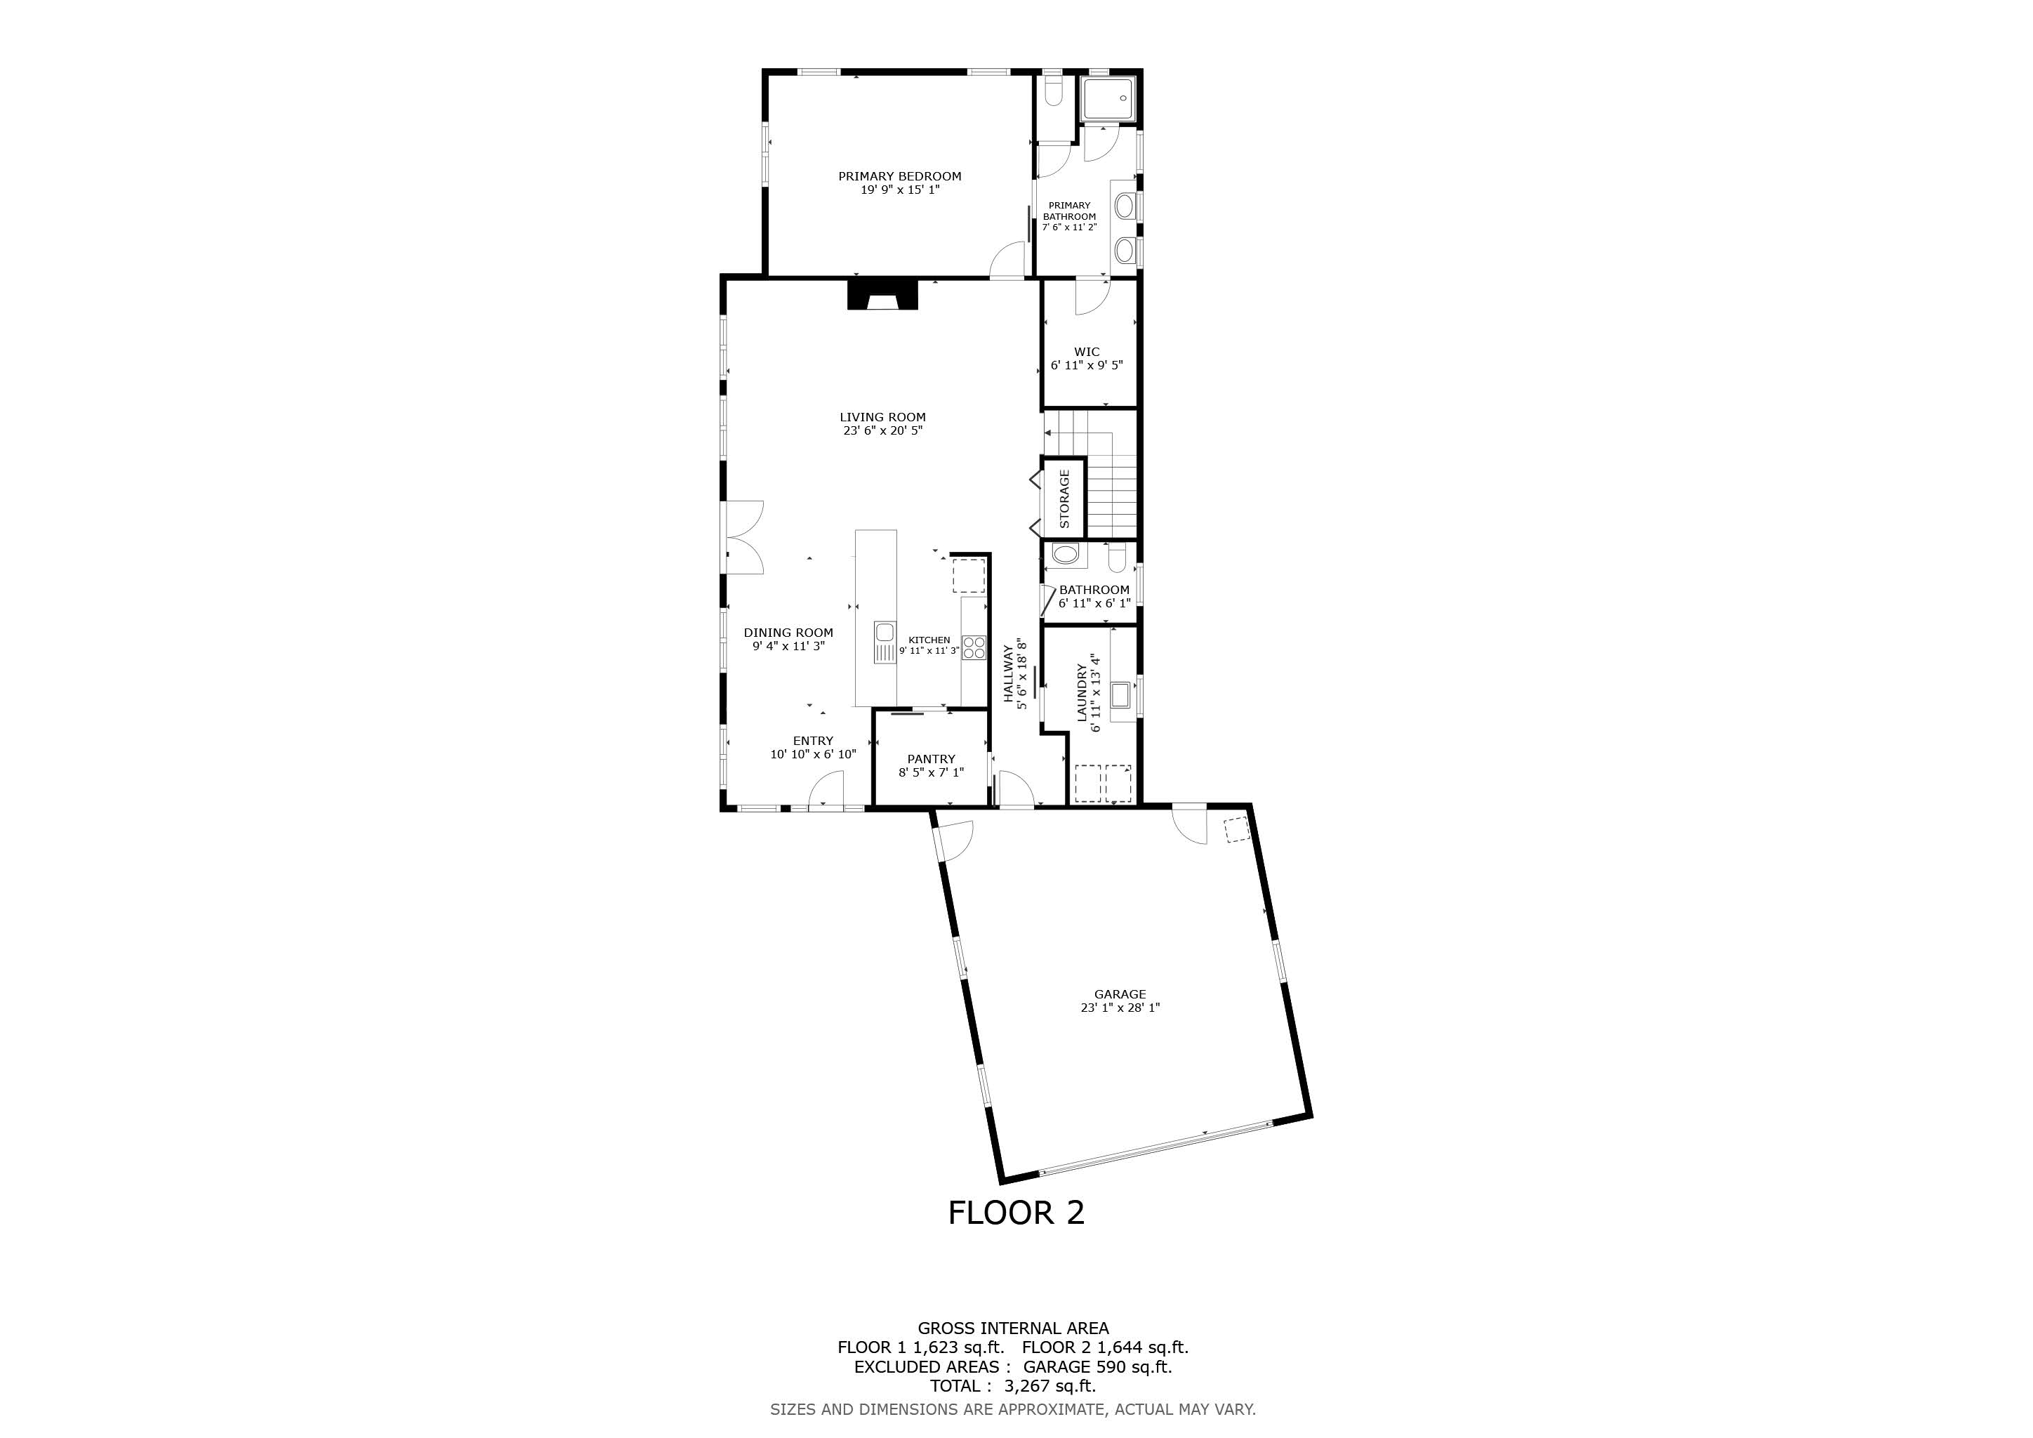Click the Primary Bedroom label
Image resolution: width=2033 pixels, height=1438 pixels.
point(900,176)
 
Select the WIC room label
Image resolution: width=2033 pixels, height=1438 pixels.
point(1087,352)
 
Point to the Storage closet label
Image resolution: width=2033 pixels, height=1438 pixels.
point(1064,499)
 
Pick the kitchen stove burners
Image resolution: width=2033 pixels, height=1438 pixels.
point(974,647)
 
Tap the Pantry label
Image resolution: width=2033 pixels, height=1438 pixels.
point(932,759)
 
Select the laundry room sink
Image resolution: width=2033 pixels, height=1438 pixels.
point(1121,694)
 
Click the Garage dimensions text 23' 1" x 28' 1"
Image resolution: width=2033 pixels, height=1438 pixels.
point(1120,1008)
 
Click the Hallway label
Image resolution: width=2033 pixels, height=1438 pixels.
point(1007,674)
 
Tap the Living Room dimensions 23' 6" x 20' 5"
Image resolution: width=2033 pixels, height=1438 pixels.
point(883,430)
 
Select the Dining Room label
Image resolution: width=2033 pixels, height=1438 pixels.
point(788,632)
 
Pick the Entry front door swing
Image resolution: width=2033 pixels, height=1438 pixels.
point(826,787)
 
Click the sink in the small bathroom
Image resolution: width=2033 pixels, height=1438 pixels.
point(1065,556)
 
